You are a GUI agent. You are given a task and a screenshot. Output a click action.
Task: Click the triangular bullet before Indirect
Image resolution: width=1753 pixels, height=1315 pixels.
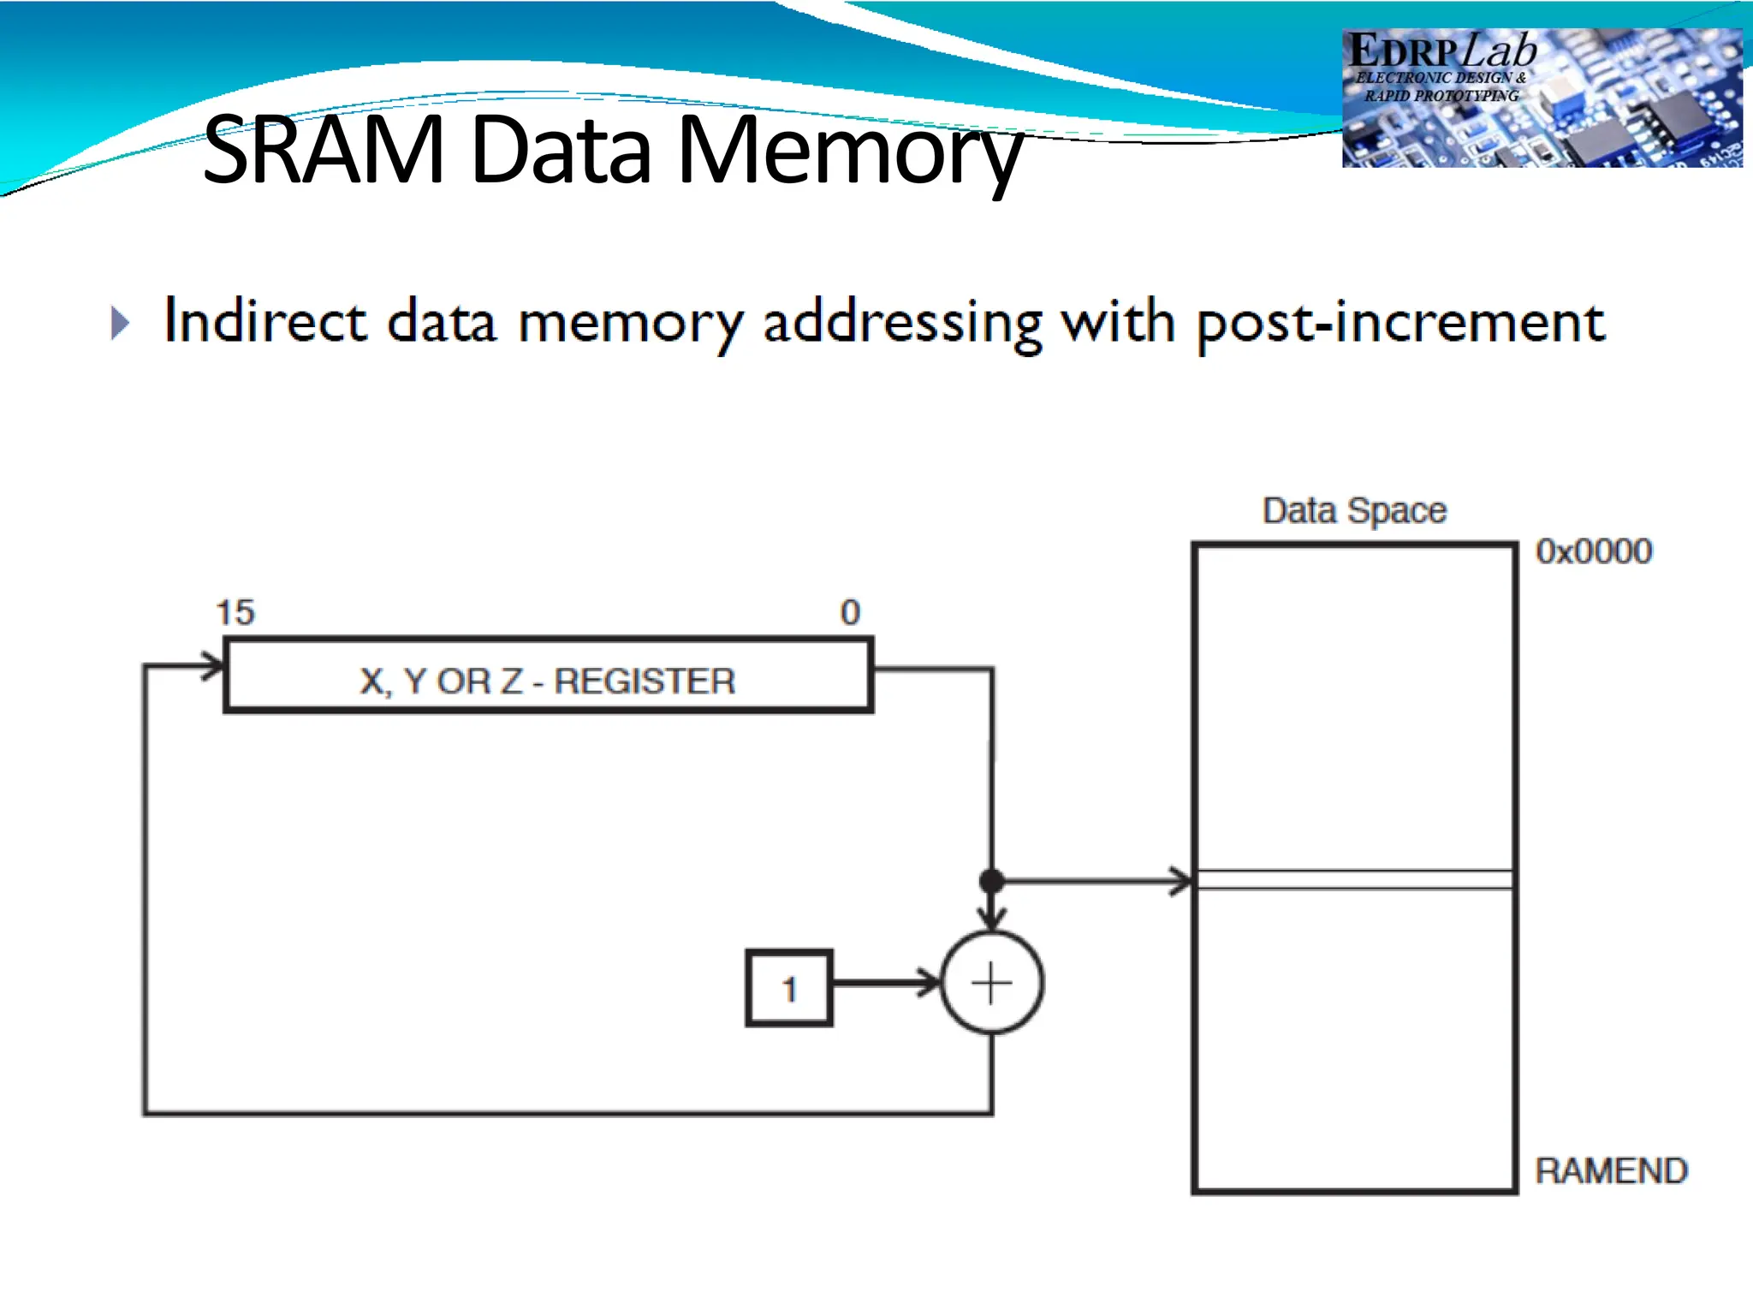coord(121,324)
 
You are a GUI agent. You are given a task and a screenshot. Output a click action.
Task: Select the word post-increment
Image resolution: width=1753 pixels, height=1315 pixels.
coord(1400,324)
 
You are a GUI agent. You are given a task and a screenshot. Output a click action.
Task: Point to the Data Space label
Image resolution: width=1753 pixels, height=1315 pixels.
coord(1354,510)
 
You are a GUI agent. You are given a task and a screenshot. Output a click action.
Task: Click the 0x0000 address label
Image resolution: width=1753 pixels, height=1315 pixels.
coord(1593,551)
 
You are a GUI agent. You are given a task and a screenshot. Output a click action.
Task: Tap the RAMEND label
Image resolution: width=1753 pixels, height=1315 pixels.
coord(1610,1170)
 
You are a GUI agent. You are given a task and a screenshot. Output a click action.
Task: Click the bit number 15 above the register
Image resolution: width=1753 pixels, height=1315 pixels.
coord(235,613)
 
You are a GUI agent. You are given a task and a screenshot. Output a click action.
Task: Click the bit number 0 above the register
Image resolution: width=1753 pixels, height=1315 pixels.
coord(849,613)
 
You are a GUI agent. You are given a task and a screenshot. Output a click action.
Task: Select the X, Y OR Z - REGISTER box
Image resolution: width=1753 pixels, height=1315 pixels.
coord(548,675)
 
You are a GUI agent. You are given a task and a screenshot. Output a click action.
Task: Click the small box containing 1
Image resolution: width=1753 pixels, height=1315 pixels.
coord(788,988)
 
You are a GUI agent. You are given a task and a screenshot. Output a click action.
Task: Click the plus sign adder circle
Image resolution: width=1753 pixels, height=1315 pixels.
coord(991,983)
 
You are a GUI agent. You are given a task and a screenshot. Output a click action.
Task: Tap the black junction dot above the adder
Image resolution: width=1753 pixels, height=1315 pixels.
coord(991,880)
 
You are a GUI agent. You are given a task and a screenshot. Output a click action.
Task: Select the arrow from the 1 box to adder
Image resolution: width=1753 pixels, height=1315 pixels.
coord(886,983)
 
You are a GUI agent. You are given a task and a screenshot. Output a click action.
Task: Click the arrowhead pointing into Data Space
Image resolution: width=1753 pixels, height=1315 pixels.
coord(1181,880)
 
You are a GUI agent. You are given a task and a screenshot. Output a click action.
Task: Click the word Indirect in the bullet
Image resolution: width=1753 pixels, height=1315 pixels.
coord(265,321)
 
